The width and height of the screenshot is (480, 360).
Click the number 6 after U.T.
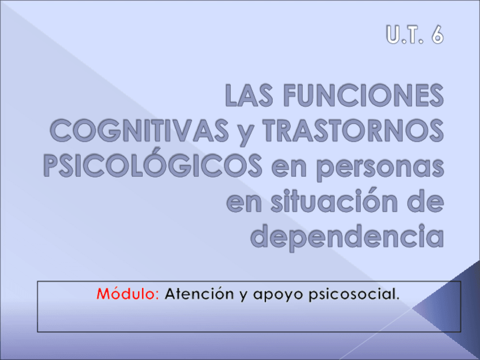tap(435, 35)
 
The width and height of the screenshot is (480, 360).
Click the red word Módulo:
tap(128, 294)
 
